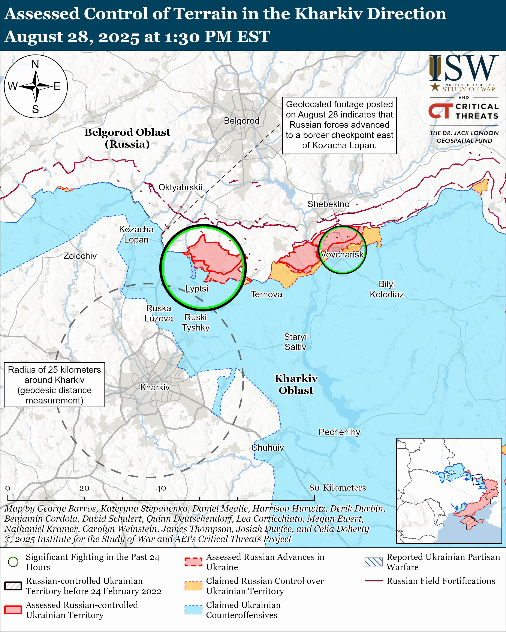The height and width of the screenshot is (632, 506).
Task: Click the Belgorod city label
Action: coord(241,121)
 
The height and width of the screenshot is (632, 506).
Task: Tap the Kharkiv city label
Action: coord(155,388)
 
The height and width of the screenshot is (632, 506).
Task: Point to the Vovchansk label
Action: coord(342,254)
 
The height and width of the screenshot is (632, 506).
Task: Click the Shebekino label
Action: coord(328,204)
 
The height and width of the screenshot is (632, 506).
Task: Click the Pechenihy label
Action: coord(339,432)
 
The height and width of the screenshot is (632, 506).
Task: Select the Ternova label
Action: coord(266,294)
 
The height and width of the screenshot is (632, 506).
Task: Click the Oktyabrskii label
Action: coord(180,187)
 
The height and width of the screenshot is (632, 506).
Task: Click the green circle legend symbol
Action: coord(13,562)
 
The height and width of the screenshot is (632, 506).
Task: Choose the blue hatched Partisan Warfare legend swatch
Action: coord(374,562)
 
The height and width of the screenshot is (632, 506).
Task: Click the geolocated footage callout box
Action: coord(339,125)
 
